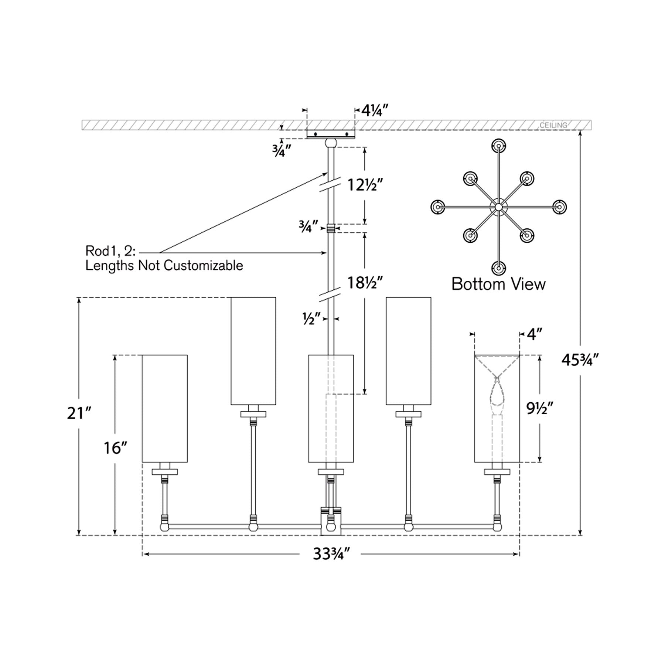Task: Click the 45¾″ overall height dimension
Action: pos(580,359)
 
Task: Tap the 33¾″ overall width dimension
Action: pos(331,554)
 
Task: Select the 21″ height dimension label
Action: pos(79,413)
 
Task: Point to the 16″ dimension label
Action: pos(115,448)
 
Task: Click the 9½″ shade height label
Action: pos(540,408)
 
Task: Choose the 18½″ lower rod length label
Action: pos(364,283)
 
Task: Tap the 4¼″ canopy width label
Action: pos(375,110)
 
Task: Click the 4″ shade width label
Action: pos(534,334)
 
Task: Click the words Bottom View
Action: pos(498,284)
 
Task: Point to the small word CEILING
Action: pos(553,125)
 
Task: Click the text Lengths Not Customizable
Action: pos(164,265)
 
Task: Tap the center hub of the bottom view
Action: pos(498,207)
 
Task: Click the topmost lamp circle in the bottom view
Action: pos(498,146)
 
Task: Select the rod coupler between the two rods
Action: pos(331,228)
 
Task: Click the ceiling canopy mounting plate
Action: pos(331,134)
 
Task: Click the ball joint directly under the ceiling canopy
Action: pos(331,143)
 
